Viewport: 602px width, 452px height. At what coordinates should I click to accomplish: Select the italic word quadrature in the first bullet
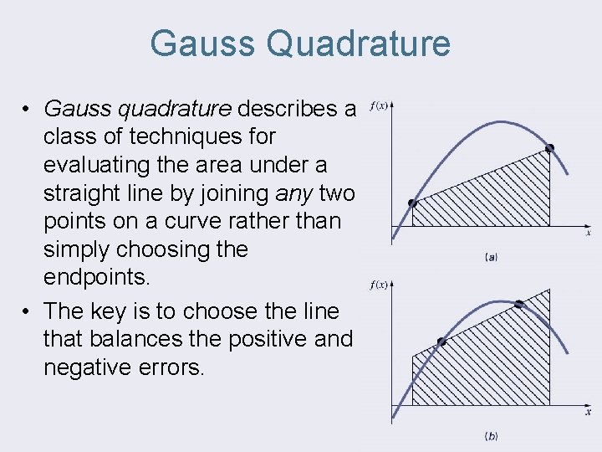pyautogui.click(x=182, y=108)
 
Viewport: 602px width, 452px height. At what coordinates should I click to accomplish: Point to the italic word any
pyautogui.click(x=293, y=193)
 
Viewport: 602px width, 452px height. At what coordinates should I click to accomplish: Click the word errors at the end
pyautogui.click(x=174, y=368)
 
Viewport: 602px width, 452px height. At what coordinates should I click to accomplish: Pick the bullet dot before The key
pyautogui.click(x=28, y=312)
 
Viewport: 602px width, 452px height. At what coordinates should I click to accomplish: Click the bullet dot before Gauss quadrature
pyautogui.click(x=28, y=109)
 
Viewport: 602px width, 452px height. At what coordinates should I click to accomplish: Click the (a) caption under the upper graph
pyautogui.click(x=491, y=257)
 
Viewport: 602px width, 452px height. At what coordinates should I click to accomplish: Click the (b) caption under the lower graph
pyautogui.click(x=491, y=436)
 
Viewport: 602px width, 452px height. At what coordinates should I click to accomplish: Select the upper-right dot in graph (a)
pyautogui.click(x=549, y=148)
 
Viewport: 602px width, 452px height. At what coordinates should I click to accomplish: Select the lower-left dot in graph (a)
pyautogui.click(x=411, y=203)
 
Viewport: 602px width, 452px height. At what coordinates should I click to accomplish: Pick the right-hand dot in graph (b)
pyautogui.click(x=518, y=304)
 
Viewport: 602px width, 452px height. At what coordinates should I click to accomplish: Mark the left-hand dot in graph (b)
pyautogui.click(x=441, y=342)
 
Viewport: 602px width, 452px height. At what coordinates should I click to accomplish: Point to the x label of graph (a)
pyautogui.click(x=588, y=234)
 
